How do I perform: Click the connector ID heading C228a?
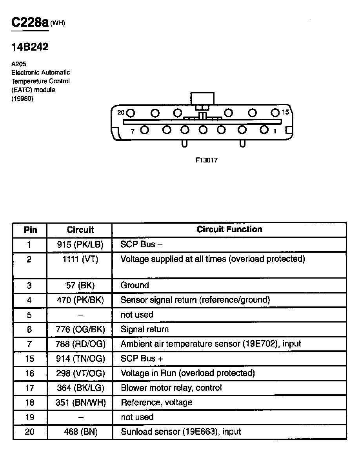(x=30, y=22)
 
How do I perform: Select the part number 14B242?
(x=30, y=47)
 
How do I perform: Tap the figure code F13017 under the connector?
(x=207, y=160)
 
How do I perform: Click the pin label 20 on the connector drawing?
(x=121, y=113)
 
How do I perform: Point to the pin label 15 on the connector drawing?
(x=285, y=112)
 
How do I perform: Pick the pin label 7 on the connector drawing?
(x=133, y=131)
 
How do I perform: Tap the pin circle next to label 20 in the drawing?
(x=131, y=113)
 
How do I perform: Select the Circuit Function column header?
(x=229, y=230)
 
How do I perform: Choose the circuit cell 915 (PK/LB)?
(x=80, y=245)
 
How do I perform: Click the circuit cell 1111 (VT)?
(x=80, y=259)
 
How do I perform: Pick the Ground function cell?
(x=135, y=285)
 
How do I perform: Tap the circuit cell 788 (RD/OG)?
(x=81, y=344)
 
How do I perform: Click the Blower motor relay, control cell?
(x=171, y=388)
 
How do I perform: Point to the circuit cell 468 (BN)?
(x=80, y=432)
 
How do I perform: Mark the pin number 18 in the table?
(x=30, y=403)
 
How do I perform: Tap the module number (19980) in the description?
(x=22, y=98)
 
